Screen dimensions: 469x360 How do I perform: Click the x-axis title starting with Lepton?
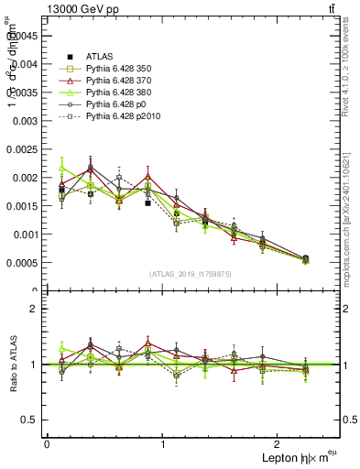pos(297,455)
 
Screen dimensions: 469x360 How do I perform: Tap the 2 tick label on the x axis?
pos(279,443)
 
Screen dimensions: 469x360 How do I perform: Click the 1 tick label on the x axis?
pos(163,443)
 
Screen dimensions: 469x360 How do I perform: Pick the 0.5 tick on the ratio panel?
pos(34,420)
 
